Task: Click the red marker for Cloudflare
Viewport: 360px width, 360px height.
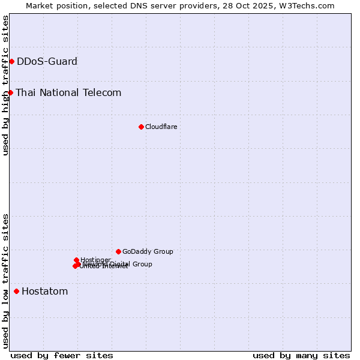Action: pos(141,127)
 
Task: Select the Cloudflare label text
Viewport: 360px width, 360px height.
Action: pos(161,127)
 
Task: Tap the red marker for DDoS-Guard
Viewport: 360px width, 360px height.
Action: pos(11,61)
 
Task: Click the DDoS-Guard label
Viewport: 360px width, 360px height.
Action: pos(47,61)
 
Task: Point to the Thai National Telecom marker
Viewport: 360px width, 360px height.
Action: pos(10,92)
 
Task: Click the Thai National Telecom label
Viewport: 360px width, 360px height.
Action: pos(68,92)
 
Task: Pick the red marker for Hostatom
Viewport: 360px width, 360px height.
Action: pos(16,292)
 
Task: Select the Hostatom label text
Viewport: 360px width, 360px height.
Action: pos(44,292)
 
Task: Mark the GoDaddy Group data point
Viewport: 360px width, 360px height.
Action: pos(118,251)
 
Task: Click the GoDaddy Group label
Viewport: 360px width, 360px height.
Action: pos(148,251)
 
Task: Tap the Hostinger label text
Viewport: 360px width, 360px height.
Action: pos(95,260)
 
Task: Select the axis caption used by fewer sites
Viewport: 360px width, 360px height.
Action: pos(62,355)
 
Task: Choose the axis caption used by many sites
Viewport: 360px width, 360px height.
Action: pos(301,355)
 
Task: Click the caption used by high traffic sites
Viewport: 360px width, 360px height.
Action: pos(6,86)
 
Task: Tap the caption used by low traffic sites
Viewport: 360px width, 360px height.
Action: pos(6,280)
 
